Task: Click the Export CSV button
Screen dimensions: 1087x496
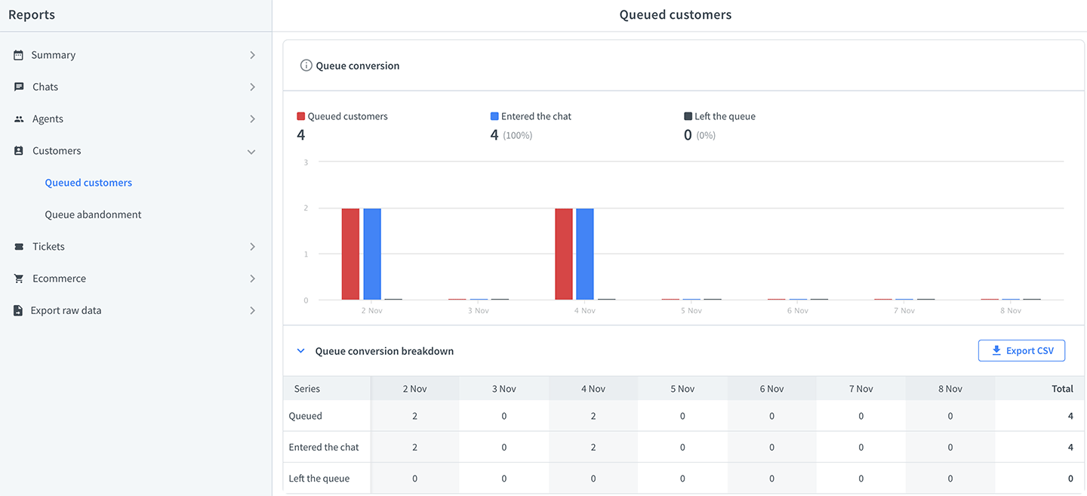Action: pos(1021,350)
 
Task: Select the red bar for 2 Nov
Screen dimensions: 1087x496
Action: pos(350,254)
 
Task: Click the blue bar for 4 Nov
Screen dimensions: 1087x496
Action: pos(585,254)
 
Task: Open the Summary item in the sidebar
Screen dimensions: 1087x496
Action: pos(54,55)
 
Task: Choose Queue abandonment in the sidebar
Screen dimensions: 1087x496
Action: pos(93,214)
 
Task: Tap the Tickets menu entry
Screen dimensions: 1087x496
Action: pos(48,247)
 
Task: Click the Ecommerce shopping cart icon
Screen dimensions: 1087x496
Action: pos(18,279)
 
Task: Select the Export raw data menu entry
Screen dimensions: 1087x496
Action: pos(66,310)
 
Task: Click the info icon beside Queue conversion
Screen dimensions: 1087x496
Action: pos(306,66)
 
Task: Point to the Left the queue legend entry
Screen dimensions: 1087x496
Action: pos(719,116)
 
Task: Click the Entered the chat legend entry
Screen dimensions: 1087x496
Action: pos(531,116)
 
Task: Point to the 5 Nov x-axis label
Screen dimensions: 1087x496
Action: pos(691,310)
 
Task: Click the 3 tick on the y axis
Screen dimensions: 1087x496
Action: pos(306,162)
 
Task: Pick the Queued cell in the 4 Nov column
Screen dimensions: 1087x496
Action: pos(593,416)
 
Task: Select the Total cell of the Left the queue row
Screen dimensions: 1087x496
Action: pos(1070,479)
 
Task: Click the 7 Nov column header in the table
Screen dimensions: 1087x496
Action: pos(861,389)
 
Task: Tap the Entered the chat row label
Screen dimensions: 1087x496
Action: pos(324,448)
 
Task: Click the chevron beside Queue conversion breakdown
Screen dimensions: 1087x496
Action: pos(301,351)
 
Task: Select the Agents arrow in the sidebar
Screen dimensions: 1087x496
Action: pos(252,119)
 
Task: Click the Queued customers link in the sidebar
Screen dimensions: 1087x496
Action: pos(88,183)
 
